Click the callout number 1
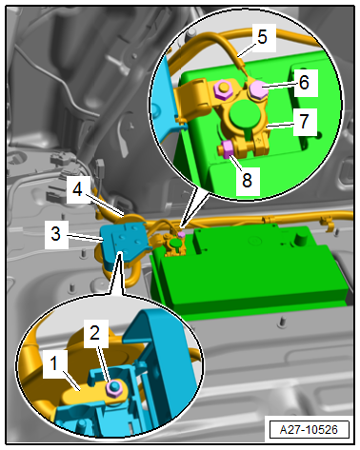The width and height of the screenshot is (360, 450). [x=54, y=363]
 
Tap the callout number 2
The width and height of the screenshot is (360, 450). [x=94, y=333]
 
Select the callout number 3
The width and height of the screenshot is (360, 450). [x=56, y=234]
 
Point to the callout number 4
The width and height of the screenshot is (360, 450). [x=78, y=189]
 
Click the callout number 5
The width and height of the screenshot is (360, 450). [x=262, y=37]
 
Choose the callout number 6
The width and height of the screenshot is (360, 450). [x=304, y=83]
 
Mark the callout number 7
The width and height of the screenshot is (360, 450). [x=304, y=122]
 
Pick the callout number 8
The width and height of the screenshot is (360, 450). [x=247, y=181]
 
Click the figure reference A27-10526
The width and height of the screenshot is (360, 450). [x=309, y=430]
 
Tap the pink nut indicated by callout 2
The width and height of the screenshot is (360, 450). [x=113, y=388]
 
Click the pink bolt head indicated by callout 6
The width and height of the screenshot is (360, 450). [x=258, y=88]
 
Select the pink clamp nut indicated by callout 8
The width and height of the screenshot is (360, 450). [x=227, y=149]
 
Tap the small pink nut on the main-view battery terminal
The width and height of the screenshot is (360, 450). [x=181, y=235]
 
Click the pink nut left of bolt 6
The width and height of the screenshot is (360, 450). [x=222, y=88]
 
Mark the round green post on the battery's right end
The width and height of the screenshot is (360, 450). [x=298, y=239]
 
